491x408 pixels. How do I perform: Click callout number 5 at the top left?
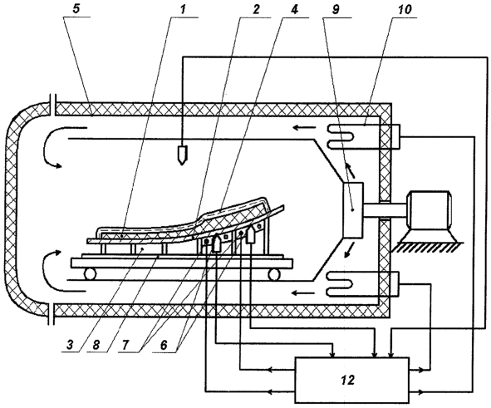coord(76,9)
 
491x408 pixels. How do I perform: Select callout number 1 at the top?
coord(183,9)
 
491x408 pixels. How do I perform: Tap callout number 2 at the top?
coord(256,9)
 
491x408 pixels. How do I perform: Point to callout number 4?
coord(294,9)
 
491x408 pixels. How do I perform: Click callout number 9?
coord(335,9)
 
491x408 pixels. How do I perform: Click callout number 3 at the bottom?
coord(70,345)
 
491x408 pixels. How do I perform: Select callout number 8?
coord(96,345)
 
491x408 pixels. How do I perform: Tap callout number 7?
coord(125,345)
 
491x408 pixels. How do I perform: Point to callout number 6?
coord(164,345)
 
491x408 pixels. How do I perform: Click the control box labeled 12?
coord(351,380)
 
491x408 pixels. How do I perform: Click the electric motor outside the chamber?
coord(429,209)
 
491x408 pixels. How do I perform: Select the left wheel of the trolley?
coord(89,273)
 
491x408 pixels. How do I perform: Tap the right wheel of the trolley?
coord(273,273)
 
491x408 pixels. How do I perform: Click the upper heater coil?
coord(340,136)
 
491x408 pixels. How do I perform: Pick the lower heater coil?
coord(340,284)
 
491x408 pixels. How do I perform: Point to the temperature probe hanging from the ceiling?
coord(182,155)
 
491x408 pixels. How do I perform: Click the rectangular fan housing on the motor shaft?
coord(353,209)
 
